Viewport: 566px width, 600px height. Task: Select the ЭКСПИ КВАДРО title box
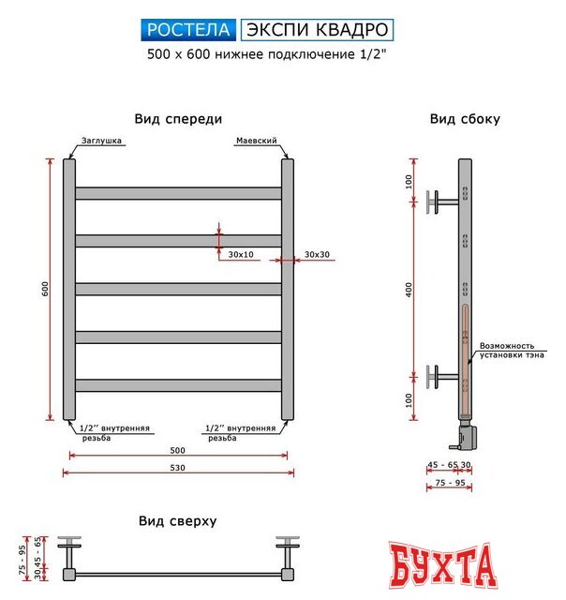(317, 30)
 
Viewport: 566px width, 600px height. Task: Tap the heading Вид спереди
(178, 119)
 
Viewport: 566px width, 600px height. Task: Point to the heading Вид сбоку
(465, 119)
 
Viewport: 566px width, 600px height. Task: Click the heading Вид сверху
(178, 520)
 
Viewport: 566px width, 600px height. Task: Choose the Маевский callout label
(256, 141)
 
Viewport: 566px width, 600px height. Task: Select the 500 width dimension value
(178, 450)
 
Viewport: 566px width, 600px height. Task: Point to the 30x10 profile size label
(241, 255)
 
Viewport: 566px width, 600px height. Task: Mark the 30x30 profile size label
(317, 255)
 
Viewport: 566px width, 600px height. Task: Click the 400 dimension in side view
(409, 292)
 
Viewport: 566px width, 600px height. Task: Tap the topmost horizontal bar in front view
(178, 193)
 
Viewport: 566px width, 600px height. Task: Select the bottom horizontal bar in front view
(178, 385)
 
